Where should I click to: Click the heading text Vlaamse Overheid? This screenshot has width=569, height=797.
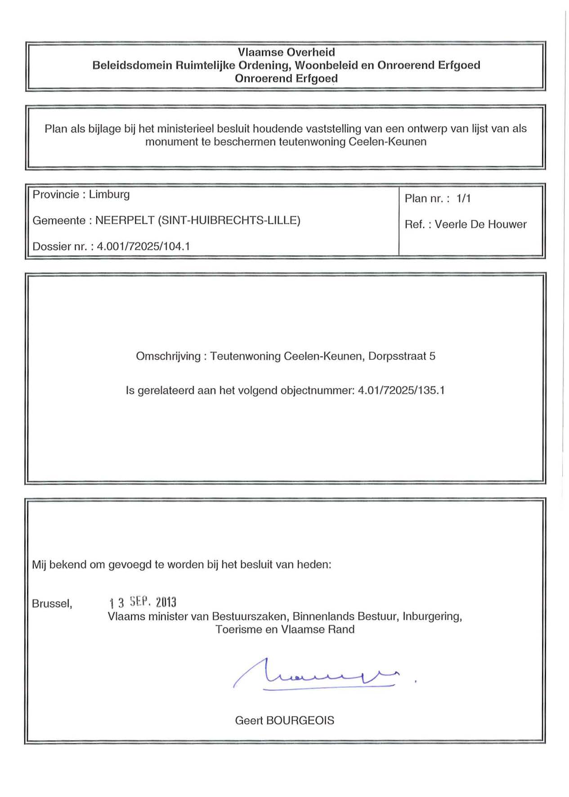pyautogui.click(x=286, y=52)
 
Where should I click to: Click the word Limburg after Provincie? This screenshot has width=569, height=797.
pyautogui.click(x=109, y=194)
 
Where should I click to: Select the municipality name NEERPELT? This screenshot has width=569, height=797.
pyautogui.click(x=125, y=220)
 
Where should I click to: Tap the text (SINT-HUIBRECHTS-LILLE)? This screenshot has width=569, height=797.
pyautogui.click(x=229, y=220)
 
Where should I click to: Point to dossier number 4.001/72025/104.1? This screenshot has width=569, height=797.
pyautogui.click(x=143, y=246)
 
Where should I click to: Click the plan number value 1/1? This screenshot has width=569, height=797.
pyautogui.click(x=463, y=198)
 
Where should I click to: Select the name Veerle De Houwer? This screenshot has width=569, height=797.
pyautogui.click(x=480, y=224)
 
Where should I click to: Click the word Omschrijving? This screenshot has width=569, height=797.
pyautogui.click(x=168, y=356)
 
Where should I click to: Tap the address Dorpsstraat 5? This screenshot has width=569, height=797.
pyautogui.click(x=402, y=356)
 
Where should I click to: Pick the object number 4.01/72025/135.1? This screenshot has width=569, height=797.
pyautogui.click(x=401, y=390)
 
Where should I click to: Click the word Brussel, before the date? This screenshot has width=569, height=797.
pyautogui.click(x=52, y=604)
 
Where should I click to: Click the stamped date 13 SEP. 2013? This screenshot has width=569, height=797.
pyautogui.click(x=143, y=602)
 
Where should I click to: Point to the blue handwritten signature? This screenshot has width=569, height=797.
pyautogui.click(x=315, y=675)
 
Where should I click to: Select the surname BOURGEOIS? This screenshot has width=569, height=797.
pyautogui.click(x=300, y=721)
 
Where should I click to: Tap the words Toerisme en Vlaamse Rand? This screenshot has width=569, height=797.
pyautogui.click(x=285, y=629)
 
